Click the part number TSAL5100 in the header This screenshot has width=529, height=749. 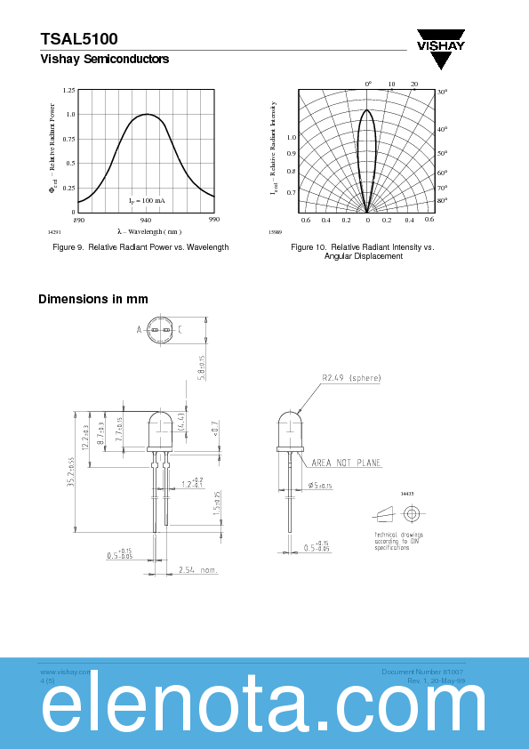79,39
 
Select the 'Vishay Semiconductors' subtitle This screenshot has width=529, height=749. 104,60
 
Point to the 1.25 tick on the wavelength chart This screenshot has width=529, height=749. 69,91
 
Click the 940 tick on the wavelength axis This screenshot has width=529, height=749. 146,220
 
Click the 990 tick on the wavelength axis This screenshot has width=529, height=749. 213,220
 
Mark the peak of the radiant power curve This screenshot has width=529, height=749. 146,114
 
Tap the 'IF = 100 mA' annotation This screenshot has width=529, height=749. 147,201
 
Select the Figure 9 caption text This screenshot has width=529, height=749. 140,246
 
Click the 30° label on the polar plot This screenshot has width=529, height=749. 441,93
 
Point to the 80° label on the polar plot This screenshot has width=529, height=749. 441,201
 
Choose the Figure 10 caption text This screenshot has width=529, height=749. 363,251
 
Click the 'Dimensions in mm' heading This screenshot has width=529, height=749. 93,299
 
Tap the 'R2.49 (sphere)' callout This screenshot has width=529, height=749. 351,378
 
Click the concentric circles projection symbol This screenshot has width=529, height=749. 411,514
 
